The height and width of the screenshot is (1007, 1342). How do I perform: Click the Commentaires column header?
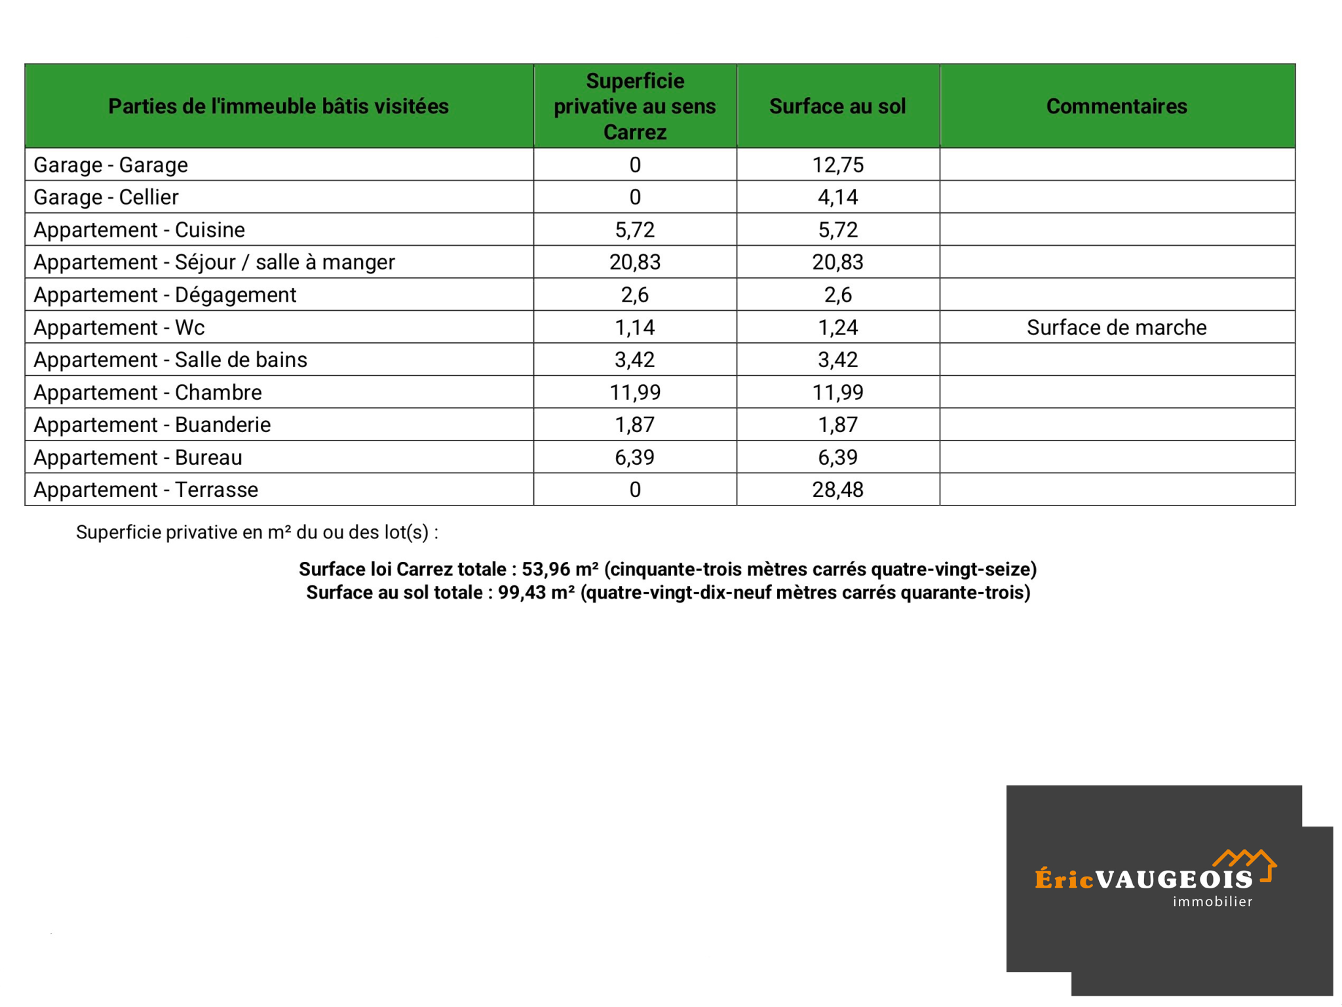point(1116,106)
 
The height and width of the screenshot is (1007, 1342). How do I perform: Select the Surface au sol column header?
point(837,106)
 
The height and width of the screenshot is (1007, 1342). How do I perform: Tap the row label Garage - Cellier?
point(105,197)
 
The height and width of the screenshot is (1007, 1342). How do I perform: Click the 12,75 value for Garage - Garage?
point(837,165)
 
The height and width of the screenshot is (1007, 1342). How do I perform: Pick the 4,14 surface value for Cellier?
point(837,197)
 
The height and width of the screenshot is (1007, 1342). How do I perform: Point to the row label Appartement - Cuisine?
point(139,229)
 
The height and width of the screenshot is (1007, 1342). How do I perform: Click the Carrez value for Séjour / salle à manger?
point(634,262)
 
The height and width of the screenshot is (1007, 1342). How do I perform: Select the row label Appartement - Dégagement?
point(164,295)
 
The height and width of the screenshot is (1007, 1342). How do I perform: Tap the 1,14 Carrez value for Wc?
point(634,327)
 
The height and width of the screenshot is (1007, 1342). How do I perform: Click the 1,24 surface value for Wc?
point(837,327)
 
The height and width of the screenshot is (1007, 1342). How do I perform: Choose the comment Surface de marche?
point(1116,327)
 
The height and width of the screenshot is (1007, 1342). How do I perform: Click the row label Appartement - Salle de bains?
point(170,360)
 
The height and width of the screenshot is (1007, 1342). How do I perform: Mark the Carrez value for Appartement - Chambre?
point(634,392)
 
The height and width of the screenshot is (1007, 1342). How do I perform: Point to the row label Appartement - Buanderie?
point(152,425)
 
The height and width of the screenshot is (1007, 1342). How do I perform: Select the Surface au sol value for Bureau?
point(837,457)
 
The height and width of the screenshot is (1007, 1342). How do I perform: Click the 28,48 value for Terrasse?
point(837,490)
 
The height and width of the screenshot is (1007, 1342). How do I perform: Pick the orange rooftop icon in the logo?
point(1244,860)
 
